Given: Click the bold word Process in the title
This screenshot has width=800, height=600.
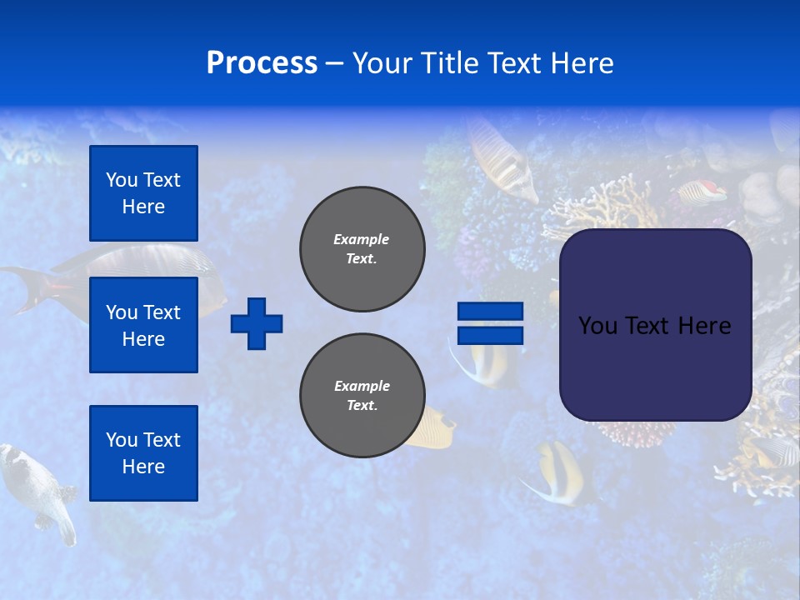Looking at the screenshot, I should click(262, 63).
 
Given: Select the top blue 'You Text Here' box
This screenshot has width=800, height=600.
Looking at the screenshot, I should click(143, 193).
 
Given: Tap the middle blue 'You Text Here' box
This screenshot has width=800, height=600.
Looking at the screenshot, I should click(143, 325).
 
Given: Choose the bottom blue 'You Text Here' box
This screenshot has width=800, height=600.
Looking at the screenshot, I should click(143, 453).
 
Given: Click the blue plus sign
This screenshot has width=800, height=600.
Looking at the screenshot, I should click(257, 323).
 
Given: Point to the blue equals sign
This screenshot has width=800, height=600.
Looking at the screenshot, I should click(490, 323).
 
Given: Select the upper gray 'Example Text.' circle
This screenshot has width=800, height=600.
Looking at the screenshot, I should click(362, 249).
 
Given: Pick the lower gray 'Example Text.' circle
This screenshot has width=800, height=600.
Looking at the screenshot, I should click(362, 396).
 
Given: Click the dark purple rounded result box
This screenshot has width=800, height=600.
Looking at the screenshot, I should click(655, 325).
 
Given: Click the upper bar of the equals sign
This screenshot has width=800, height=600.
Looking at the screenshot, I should click(490, 312).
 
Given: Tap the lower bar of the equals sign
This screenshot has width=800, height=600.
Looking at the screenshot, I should click(490, 335).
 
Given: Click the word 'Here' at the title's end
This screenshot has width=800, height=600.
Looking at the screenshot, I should click(582, 63).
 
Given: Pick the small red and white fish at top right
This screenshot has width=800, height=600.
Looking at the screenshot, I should click(702, 192).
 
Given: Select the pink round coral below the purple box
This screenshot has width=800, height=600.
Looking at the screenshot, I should click(637, 433).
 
